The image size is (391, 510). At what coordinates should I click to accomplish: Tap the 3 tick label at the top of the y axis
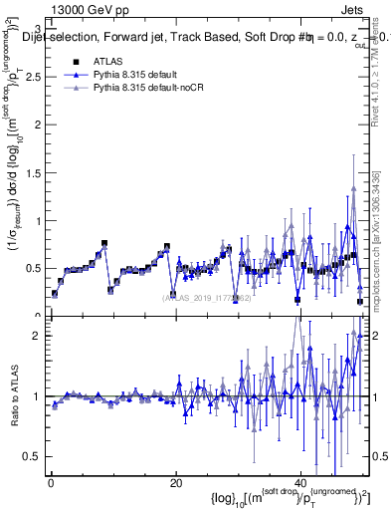point(39,27)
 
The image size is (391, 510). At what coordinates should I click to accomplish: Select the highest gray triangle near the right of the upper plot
point(353,190)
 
